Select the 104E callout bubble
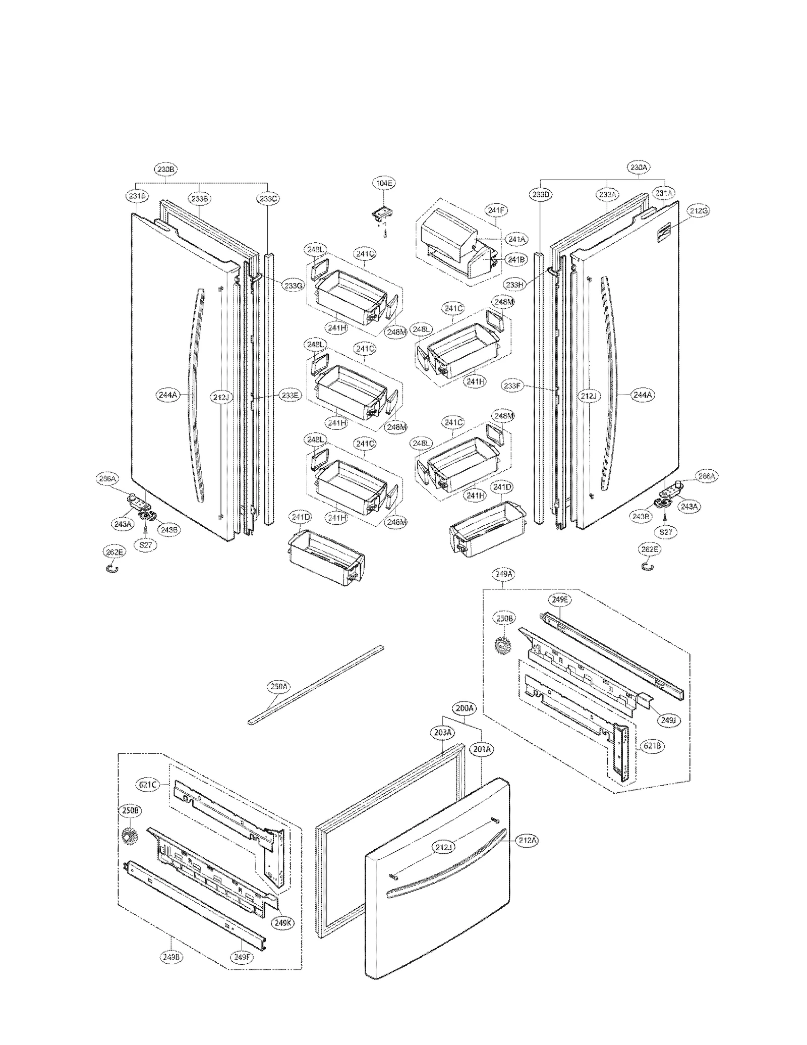pyautogui.click(x=383, y=183)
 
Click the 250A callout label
pyautogui.click(x=278, y=686)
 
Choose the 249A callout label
pyautogui.click(x=504, y=574)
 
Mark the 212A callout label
pyautogui.click(x=528, y=840)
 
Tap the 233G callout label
pyautogui.click(x=293, y=285)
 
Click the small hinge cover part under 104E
pyautogui.click(x=382, y=214)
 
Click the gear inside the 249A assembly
pyautogui.click(x=502, y=645)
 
